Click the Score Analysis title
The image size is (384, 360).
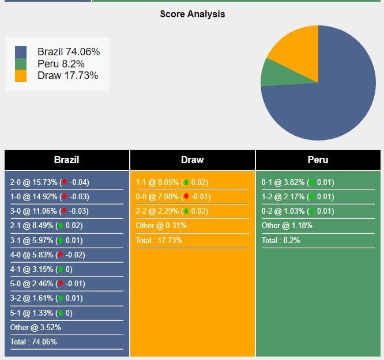192,14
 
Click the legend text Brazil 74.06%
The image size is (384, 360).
68,52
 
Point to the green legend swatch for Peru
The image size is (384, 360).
21,64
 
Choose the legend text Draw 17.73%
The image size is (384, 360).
67,75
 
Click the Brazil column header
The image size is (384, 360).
66,160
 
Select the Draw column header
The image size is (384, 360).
192,160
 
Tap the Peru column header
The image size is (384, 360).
318,160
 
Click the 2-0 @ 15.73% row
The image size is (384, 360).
50,183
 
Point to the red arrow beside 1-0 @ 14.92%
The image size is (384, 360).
65,197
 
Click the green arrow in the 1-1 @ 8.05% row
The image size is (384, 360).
186,183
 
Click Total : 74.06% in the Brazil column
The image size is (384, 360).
33,342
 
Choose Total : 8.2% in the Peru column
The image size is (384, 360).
281,240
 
